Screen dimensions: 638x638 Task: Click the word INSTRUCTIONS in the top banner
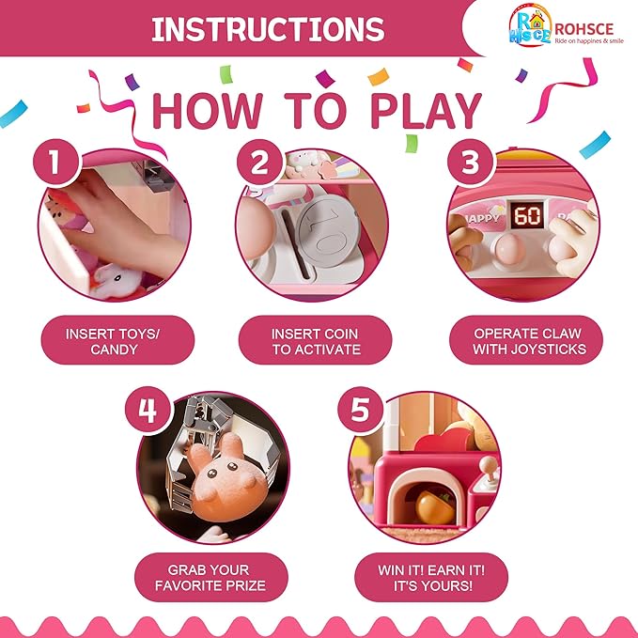[x=268, y=29]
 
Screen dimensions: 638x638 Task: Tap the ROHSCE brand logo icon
[x=530, y=24]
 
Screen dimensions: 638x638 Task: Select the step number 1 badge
[x=55, y=162]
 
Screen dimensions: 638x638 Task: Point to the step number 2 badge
[x=259, y=163]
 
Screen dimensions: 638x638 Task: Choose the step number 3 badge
[x=471, y=163]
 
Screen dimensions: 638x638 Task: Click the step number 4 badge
[x=148, y=410]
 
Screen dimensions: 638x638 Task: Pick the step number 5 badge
[x=361, y=410]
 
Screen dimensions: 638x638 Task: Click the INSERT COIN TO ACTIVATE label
[x=316, y=340]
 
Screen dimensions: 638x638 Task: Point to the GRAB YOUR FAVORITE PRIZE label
[x=211, y=577]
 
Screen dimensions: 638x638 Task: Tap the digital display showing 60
[x=527, y=215]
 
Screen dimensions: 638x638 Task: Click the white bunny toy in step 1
[x=117, y=281]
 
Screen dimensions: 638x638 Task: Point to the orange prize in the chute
[x=434, y=506]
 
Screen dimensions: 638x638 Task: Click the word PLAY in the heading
[x=426, y=111]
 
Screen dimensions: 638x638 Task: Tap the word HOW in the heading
[x=208, y=111]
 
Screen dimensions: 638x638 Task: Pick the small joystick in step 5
[x=490, y=471]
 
